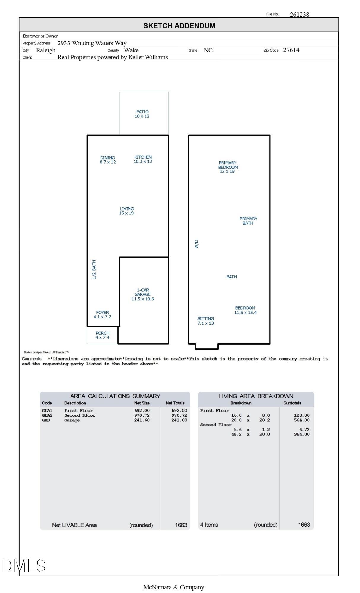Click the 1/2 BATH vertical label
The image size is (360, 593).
coord(94,270)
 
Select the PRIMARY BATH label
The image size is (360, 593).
coord(248,221)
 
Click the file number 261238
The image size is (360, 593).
coord(299,15)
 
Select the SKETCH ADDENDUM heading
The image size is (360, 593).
coord(179,26)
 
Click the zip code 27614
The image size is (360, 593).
coord(291,50)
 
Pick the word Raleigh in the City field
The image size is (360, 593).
coord(46,50)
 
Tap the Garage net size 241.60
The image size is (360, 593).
coord(142,420)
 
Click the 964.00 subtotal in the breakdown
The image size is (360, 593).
coord(302,434)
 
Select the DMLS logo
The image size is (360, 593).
coord(24,566)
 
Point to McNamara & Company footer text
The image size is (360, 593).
coord(173,587)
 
